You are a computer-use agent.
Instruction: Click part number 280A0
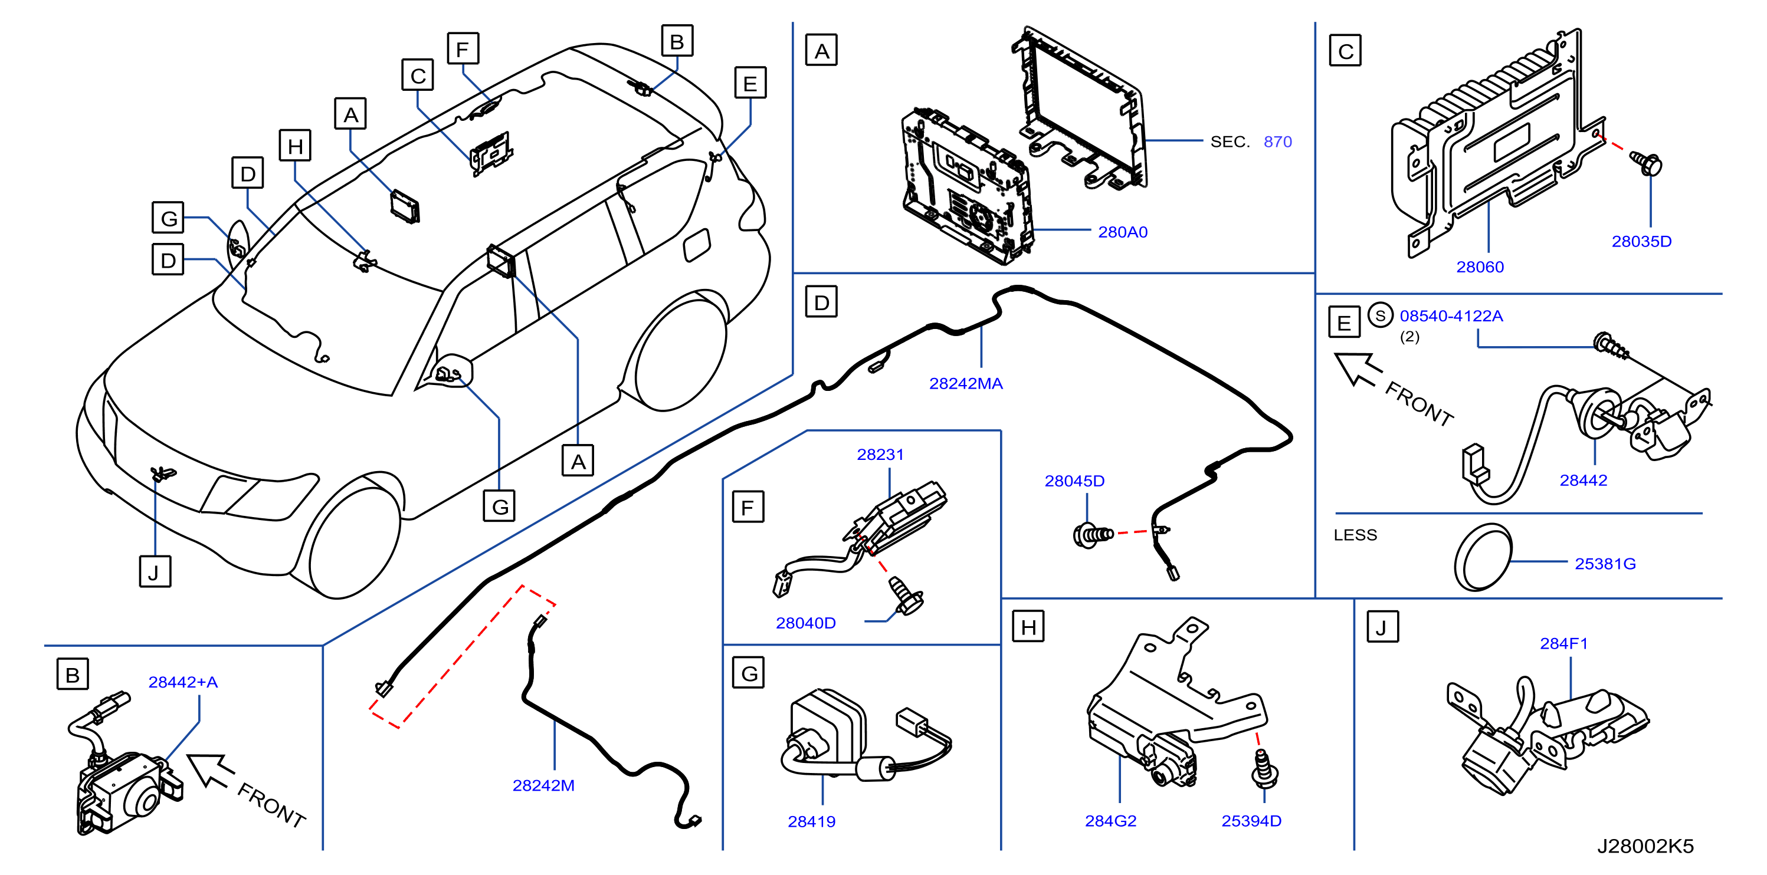point(1122,232)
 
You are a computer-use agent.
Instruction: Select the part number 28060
point(1480,267)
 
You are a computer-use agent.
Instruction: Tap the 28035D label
point(1641,241)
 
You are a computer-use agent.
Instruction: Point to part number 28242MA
point(965,383)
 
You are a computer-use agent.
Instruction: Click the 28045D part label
point(1074,481)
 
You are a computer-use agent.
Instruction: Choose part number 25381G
point(1605,564)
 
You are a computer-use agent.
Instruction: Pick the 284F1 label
point(1563,643)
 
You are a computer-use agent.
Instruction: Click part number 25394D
point(1251,821)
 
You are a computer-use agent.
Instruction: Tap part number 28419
point(811,821)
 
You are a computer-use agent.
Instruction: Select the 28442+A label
point(183,682)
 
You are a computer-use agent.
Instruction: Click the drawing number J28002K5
point(1645,846)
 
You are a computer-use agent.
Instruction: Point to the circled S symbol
point(1380,315)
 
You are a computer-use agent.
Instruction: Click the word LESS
point(1355,535)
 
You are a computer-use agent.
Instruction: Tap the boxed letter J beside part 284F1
point(1382,627)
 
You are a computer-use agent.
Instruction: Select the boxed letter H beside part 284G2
point(1028,627)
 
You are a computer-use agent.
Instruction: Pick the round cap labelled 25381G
point(1482,557)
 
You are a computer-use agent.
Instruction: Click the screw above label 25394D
point(1264,769)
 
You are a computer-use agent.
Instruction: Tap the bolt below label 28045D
point(1093,535)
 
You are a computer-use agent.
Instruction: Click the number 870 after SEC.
point(1277,142)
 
